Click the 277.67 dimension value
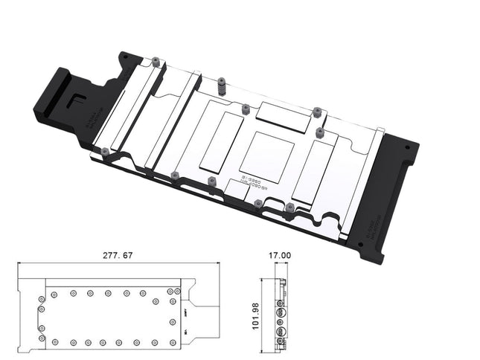pyautogui.click(x=118, y=255)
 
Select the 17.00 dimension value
pyautogui.click(x=280, y=255)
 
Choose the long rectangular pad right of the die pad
pyautogui.click(x=315, y=169)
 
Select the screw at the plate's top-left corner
pyautogui.click(x=155, y=62)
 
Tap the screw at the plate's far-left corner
pyautogui.click(x=105, y=152)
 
